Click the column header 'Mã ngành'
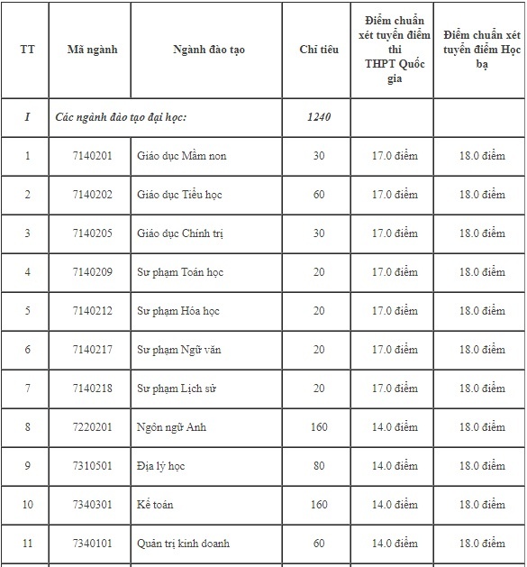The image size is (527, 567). coord(92,50)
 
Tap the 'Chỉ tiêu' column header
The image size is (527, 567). coord(319,50)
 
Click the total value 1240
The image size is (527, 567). coord(319,117)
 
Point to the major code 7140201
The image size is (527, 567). coord(93,156)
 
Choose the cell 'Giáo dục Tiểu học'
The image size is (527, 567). coord(180,195)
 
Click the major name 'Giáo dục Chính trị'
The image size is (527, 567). coord(180,233)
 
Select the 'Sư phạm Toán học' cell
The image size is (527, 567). coord(180,272)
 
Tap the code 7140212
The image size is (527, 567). coord(93,311)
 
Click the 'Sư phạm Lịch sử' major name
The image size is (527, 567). coord(177,389)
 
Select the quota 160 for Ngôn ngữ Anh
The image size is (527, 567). coord(319,427)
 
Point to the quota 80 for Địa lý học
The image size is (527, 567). coord(319,466)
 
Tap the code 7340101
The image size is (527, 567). coord(93,544)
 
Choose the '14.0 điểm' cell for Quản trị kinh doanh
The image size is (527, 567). coord(395,544)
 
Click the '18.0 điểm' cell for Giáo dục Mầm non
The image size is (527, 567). coord(482,156)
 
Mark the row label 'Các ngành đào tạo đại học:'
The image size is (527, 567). coord(121,117)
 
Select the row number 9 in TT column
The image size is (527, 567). coord(27,466)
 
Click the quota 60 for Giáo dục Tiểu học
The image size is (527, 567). coord(319,195)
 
